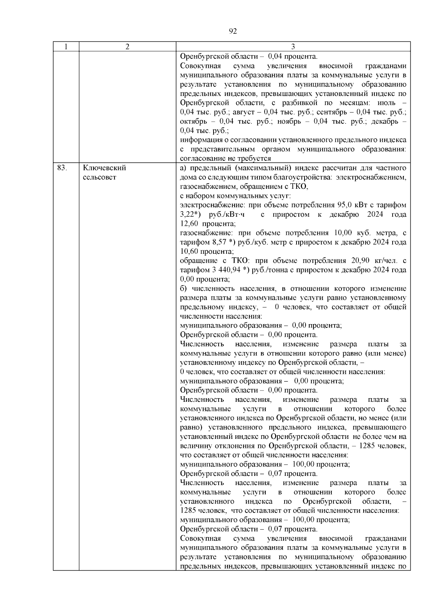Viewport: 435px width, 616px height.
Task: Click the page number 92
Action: pyautogui.click(x=233, y=32)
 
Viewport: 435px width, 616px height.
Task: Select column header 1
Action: pyautogui.click(x=66, y=46)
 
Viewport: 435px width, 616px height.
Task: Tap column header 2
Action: pyautogui.click(x=127, y=46)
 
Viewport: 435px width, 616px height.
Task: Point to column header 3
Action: pyautogui.click(x=293, y=46)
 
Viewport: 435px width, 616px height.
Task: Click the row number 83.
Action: pyautogui.click(x=62, y=168)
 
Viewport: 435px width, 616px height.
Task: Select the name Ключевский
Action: pyautogui.click(x=104, y=168)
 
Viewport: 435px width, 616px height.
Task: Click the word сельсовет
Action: pyautogui.click(x=100, y=178)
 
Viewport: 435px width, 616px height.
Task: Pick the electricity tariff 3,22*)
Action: pyautogui.click(x=191, y=215)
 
